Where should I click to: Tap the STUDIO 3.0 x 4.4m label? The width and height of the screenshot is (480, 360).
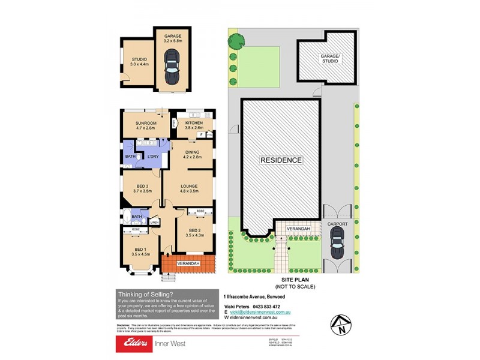[x=139, y=62]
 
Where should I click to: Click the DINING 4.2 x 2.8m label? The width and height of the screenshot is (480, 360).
[x=192, y=154]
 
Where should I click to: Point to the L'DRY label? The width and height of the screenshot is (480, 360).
[x=153, y=157]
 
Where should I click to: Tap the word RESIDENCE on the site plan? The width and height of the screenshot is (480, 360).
[x=280, y=160]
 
